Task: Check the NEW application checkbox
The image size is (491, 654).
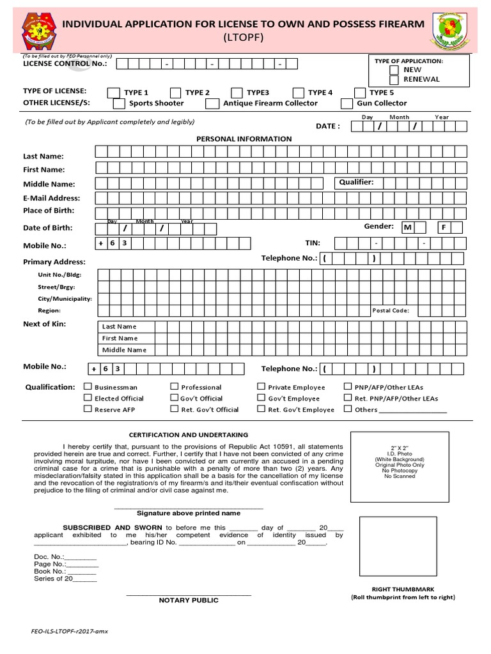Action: (395, 70)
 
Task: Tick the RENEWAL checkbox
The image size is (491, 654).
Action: (395, 79)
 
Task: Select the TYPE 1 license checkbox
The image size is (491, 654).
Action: (113, 93)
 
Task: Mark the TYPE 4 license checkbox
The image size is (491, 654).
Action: (299, 93)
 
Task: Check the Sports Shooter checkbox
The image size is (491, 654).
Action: (118, 103)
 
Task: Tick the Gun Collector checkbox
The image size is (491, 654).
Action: (347, 103)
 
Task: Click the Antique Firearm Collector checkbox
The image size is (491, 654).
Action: (213, 103)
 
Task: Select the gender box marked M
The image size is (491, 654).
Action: (407, 227)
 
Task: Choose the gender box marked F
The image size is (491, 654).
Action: (444, 227)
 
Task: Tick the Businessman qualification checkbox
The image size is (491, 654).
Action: (88, 386)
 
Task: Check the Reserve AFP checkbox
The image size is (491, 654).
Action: (88, 409)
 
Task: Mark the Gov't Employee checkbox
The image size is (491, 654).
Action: (261, 398)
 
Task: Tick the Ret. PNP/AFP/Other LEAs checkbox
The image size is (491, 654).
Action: (348, 398)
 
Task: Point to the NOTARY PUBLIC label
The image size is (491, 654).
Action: (189, 600)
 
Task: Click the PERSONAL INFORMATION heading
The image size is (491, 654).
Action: (244, 139)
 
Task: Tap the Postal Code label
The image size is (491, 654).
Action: (391, 311)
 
